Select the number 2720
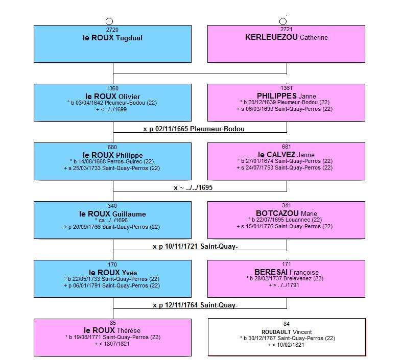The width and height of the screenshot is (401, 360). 112,30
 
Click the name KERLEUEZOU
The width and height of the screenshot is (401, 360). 271,37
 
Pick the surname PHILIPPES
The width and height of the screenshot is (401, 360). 277,96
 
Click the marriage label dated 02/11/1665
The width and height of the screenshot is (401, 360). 194,129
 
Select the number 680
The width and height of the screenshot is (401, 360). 112,147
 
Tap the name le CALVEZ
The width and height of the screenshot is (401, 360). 277,155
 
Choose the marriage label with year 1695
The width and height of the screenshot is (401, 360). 193,188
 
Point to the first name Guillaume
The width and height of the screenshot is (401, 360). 129,214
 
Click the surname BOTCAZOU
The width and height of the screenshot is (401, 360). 277,213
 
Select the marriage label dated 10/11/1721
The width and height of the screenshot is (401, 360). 195,247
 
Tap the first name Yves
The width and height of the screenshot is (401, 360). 129,273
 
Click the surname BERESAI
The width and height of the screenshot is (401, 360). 271,272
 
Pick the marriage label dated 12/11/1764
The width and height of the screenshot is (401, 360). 195,305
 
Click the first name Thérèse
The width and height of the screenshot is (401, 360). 128,330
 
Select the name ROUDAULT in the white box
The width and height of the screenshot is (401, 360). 276,332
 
